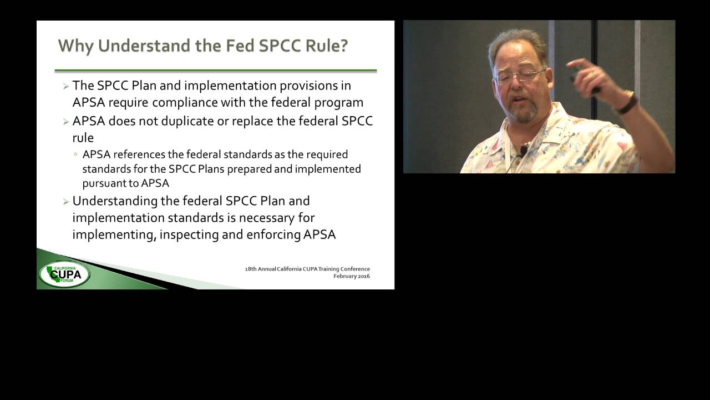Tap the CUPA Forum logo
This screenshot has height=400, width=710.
[64, 273]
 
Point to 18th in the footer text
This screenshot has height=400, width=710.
[251, 269]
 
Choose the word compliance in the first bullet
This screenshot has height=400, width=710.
[188, 103]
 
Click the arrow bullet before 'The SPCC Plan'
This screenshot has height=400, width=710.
[66, 86]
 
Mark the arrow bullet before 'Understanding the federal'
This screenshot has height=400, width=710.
[66, 201]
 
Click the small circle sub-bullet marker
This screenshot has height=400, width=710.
[75, 154]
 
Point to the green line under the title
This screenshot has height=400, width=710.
[215, 71]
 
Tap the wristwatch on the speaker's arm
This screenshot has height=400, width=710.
[627, 103]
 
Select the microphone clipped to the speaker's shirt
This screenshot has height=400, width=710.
[523, 150]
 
